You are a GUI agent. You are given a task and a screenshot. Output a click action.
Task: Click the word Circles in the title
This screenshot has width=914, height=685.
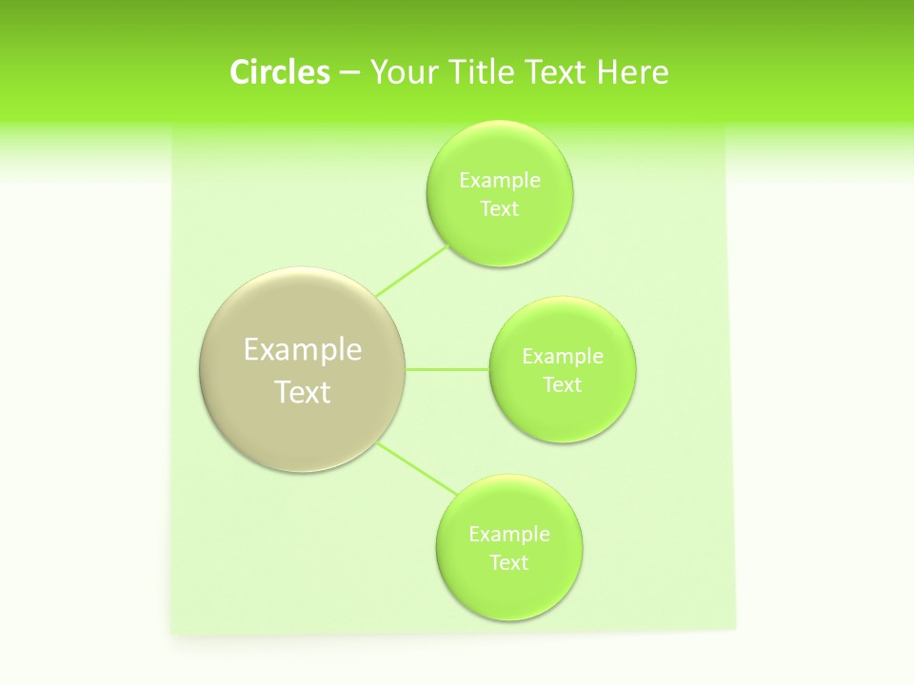[x=279, y=72]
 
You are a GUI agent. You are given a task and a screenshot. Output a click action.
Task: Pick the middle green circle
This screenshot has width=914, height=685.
[x=563, y=414]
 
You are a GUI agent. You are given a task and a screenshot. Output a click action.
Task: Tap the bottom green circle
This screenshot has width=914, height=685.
[x=509, y=590]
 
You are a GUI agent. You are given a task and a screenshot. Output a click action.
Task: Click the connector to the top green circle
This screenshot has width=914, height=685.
[x=411, y=271]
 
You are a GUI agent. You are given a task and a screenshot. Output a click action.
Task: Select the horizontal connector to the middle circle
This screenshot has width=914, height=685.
[x=447, y=369]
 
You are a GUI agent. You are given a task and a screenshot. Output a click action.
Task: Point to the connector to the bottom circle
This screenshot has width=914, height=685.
[x=417, y=468]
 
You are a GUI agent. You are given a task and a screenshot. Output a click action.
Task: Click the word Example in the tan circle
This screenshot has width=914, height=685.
[x=303, y=350]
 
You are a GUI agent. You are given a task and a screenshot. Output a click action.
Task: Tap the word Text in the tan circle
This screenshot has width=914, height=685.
[x=303, y=392]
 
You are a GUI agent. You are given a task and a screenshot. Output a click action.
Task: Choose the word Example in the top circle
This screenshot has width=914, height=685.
[x=500, y=180]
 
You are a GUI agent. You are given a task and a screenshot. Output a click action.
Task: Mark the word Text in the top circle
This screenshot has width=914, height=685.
[x=500, y=208]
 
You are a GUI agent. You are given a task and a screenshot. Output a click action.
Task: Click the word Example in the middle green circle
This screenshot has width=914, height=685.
[x=563, y=356]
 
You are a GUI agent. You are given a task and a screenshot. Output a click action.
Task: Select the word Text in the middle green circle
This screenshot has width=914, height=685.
[x=563, y=384]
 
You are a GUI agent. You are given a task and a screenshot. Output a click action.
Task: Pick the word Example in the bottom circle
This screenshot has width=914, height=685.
[x=509, y=534]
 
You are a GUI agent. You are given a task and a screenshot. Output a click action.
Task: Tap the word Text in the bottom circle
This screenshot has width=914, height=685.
[x=509, y=562]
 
